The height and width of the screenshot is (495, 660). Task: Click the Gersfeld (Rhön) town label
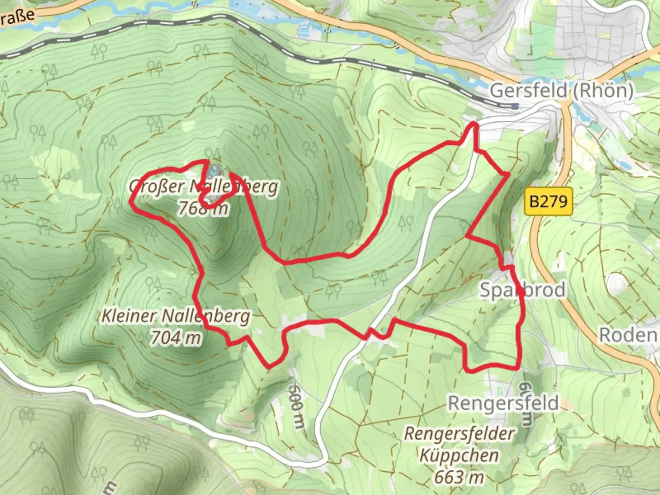click(x=561, y=91)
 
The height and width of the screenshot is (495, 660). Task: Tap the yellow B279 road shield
click(x=548, y=201)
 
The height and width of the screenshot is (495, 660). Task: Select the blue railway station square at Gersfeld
click(x=515, y=106)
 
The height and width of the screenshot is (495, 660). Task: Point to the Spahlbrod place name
click(x=522, y=290)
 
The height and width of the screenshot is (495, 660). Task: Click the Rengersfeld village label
click(x=503, y=403)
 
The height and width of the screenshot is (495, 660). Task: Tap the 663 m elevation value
click(x=459, y=477)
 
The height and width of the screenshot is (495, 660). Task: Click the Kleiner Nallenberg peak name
click(x=176, y=316)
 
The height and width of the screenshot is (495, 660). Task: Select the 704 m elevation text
click(x=176, y=338)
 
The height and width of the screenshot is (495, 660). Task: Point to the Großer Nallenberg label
click(x=203, y=187)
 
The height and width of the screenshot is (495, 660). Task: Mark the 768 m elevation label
click(x=203, y=209)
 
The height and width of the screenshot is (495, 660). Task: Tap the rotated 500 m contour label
click(x=296, y=406)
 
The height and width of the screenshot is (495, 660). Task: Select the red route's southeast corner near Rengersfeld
click(x=518, y=367)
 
